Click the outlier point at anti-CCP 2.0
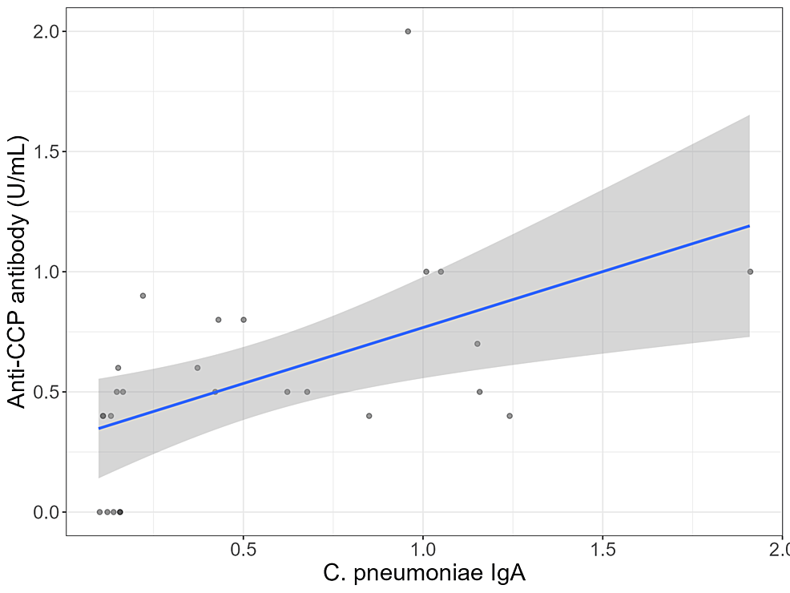click(408, 31)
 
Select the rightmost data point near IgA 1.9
click(750, 272)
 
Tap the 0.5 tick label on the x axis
click(243, 553)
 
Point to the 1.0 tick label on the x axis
click(423, 553)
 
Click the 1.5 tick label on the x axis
click(603, 553)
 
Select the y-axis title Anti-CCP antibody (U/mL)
click(18, 272)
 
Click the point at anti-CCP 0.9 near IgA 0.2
click(143, 296)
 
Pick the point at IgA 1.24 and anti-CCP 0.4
click(510, 416)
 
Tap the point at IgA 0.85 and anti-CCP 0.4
click(369, 416)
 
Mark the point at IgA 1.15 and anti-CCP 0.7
click(478, 344)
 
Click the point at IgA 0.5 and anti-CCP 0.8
click(244, 320)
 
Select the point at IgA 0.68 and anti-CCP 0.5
click(307, 392)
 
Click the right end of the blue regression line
click(749, 226)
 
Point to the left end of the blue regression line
click(99, 428)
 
